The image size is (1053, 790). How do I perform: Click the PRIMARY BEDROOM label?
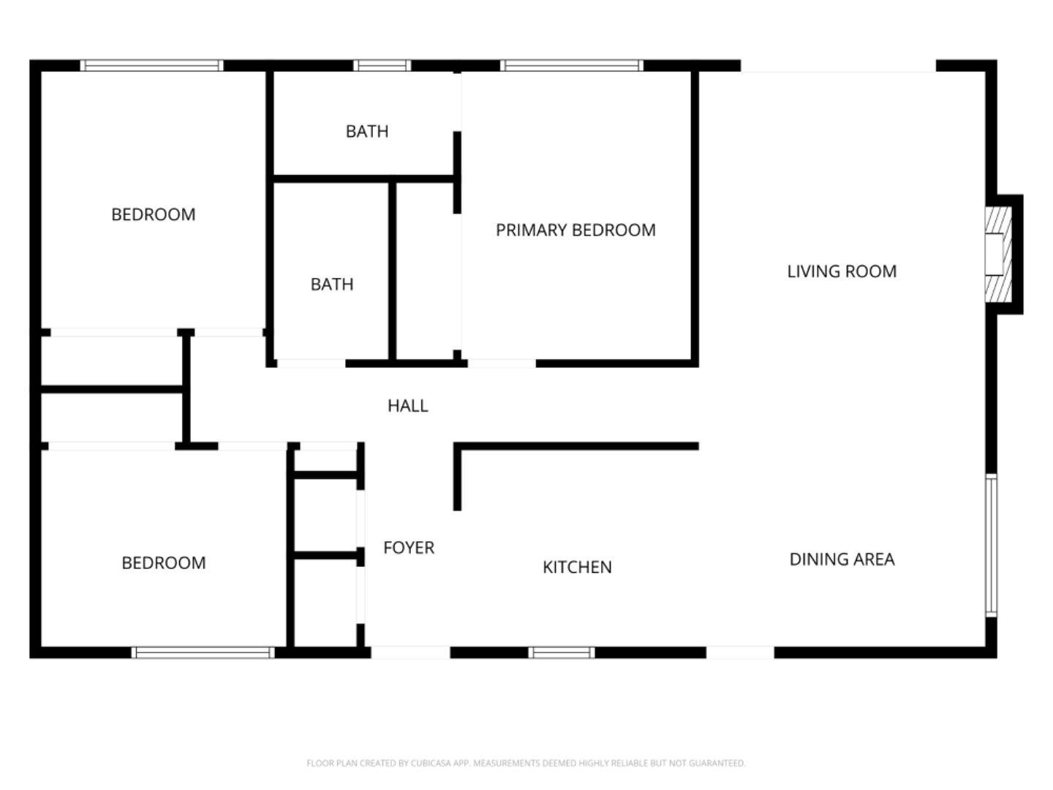coord(575,230)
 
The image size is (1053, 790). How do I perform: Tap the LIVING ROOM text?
coord(842,271)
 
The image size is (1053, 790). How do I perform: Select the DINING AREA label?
coord(842,560)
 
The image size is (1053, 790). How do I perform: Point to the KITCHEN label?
coord(577,567)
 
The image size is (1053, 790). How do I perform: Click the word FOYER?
coord(409,548)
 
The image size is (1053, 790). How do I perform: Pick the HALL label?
coord(407,406)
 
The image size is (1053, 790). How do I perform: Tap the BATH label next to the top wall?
coord(367,132)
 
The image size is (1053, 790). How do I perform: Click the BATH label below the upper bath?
coord(332,285)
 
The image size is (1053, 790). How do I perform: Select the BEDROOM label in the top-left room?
coord(154,215)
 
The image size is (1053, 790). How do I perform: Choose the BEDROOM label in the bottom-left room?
coord(164,563)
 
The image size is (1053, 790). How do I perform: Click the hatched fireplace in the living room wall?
coord(998,255)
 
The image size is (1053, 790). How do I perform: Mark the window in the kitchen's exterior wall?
coord(562,652)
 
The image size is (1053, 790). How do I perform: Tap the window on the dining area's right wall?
coord(991,545)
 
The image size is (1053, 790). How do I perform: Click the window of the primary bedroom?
coord(572,66)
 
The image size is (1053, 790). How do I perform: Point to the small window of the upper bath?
coord(382,66)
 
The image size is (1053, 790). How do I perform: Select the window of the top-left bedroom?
coord(151,66)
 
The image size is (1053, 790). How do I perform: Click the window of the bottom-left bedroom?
coord(203,652)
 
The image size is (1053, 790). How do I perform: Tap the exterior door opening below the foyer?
coord(410,652)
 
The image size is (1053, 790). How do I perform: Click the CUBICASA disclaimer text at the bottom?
coord(526,763)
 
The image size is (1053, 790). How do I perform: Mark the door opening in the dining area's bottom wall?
coord(740,652)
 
